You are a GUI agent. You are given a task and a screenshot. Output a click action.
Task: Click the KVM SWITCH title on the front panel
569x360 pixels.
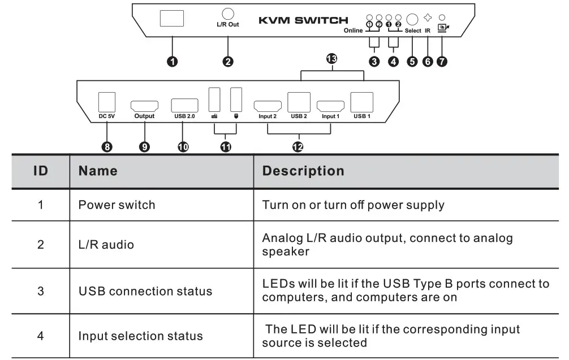click(303, 20)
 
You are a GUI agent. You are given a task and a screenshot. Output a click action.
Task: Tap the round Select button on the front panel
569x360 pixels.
click(412, 19)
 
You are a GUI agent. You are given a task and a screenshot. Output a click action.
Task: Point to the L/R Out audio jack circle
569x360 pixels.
click(228, 14)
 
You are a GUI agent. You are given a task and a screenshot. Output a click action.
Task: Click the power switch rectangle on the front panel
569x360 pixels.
click(172, 18)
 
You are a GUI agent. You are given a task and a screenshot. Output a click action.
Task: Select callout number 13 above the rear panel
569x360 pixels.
click(331, 58)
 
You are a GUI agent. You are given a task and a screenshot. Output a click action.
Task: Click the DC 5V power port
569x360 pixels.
click(107, 102)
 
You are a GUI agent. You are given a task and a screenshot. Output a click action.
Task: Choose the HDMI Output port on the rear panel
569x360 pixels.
click(144, 106)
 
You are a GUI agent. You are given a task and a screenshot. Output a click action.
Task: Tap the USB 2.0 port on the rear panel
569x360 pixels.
click(185, 105)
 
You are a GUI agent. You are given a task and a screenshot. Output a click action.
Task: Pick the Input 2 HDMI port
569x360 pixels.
click(268, 106)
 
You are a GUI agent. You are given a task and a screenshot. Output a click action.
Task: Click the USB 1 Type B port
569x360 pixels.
click(362, 102)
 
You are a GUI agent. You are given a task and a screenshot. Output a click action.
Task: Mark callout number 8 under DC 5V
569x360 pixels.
click(107, 147)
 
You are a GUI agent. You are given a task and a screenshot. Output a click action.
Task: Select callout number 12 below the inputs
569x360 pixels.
click(298, 147)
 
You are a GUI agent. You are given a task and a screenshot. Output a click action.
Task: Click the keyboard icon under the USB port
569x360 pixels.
click(214, 116)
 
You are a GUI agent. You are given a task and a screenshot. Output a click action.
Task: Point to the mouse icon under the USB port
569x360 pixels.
click(236, 116)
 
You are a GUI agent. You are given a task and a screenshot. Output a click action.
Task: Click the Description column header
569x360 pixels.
click(303, 171)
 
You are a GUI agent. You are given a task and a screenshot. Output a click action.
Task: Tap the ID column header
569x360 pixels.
click(41, 171)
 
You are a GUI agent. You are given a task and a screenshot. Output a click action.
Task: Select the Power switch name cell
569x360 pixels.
click(117, 205)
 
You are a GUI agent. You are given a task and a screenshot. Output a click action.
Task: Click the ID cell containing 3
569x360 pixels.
click(41, 291)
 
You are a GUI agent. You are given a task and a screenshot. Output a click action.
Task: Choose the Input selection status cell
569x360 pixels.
click(140, 336)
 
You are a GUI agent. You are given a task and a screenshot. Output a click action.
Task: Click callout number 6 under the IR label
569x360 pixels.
click(428, 62)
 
